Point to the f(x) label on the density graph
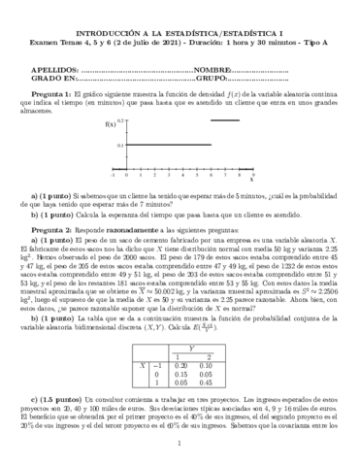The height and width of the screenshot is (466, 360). coord(107,125)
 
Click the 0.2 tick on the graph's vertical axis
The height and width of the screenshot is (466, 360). coord(119,120)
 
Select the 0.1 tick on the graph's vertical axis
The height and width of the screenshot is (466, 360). coord(119,146)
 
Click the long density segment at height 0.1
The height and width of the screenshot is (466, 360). coord(166,145)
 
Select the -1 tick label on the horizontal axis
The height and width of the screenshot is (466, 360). coord(114,175)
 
